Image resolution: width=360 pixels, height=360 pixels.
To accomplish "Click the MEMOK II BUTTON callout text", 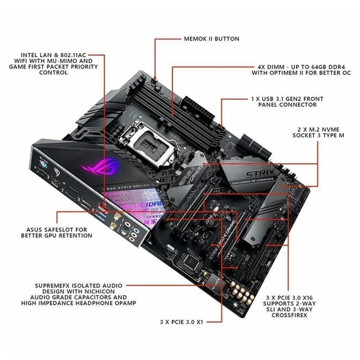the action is [x=211, y=39].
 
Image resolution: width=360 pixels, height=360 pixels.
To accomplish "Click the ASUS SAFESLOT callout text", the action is [x=53, y=229].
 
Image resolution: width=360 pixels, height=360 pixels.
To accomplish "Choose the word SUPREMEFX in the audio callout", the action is [x=53, y=285].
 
